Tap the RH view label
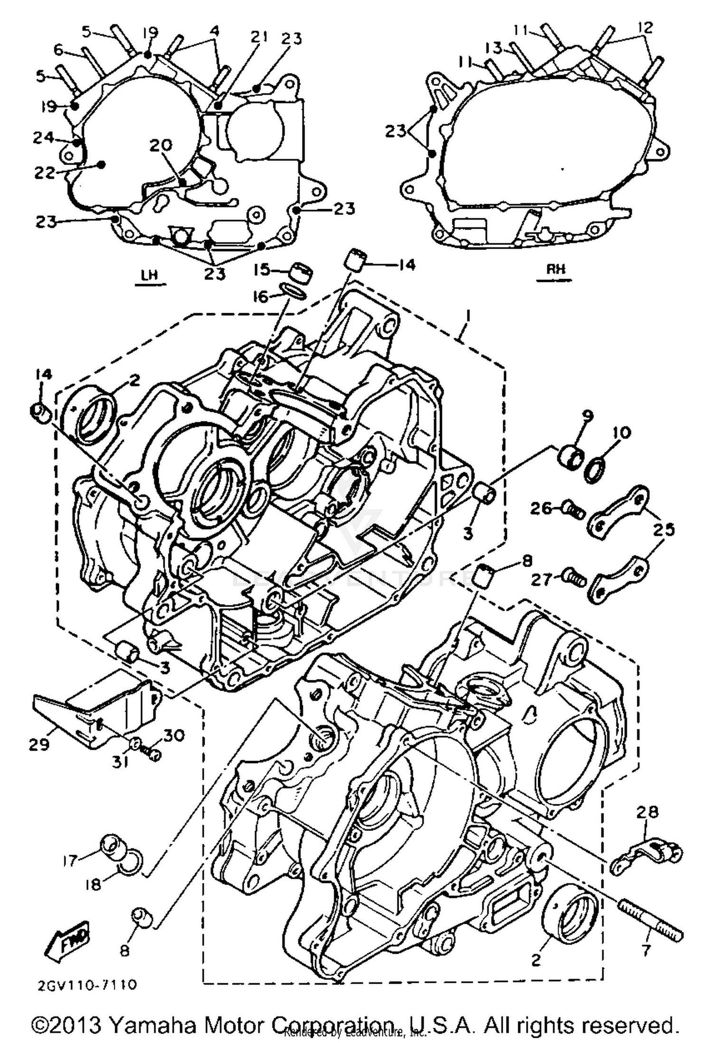[x=555, y=270]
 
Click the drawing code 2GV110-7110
[x=87, y=985]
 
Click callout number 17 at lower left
[x=70, y=859]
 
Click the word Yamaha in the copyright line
[x=147, y=1024]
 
